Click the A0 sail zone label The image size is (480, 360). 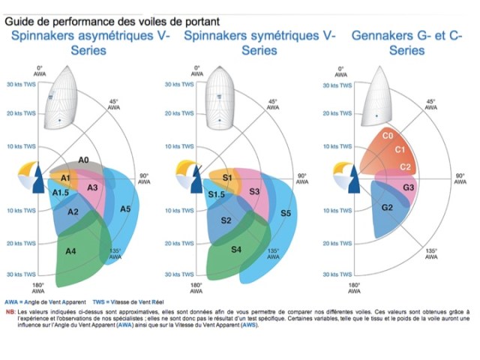[x=84, y=160]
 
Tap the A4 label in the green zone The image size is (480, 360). [x=70, y=251]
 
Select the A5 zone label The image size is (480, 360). [x=125, y=208]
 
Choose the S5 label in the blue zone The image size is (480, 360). [x=286, y=214]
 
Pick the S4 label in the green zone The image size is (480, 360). [x=237, y=249]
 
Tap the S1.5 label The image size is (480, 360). [x=217, y=195]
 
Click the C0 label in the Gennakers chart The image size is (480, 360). [x=388, y=136]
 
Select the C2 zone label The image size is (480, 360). [x=406, y=166]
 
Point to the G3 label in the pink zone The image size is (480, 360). [x=409, y=187]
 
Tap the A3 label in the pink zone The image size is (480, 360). [x=94, y=187]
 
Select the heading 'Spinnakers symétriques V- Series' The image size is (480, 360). [x=259, y=43]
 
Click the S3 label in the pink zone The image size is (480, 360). [x=254, y=193]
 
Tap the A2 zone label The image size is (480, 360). [x=73, y=212]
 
